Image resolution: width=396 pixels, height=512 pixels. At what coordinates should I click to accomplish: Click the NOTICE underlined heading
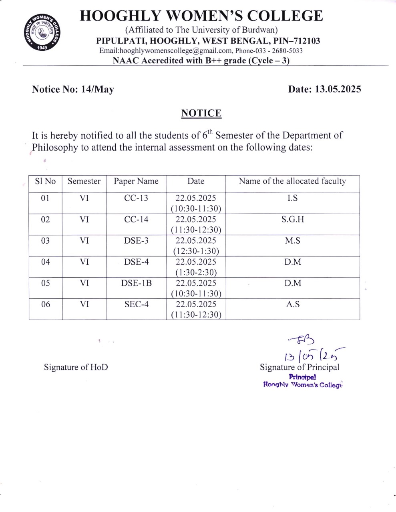tap(201, 113)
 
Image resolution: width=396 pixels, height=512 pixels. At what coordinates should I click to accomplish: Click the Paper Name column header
tap(136, 181)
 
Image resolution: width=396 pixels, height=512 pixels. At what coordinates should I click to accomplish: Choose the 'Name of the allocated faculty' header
tap(292, 181)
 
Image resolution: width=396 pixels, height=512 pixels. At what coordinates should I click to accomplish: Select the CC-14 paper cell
tap(136, 220)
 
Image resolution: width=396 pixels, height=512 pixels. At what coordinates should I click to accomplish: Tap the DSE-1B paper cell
tap(136, 283)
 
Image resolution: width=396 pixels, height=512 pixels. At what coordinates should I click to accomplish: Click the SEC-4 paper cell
tap(136, 304)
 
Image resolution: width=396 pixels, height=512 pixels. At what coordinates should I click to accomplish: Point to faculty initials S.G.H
tap(292, 220)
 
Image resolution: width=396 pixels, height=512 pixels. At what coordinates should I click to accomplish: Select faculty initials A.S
tap(292, 304)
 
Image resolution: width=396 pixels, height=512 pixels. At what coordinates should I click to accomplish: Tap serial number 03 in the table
tap(46, 241)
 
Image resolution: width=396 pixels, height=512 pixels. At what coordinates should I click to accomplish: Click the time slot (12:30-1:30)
tap(196, 251)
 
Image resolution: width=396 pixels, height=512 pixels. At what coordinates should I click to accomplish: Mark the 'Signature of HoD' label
tap(76, 367)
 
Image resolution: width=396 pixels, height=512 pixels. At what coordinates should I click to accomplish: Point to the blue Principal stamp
tap(303, 381)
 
